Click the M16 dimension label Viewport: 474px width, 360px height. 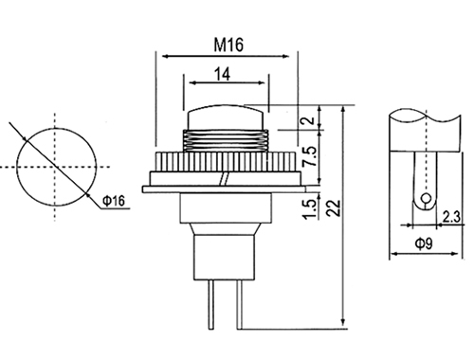(x=228, y=45)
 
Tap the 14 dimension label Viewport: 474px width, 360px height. (x=223, y=74)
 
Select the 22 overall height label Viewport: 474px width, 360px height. (x=334, y=208)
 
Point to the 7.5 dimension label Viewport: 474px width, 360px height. (x=309, y=156)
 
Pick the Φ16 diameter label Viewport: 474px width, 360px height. (x=114, y=201)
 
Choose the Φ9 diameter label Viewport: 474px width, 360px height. (x=424, y=243)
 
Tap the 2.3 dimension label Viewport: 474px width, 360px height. (x=451, y=217)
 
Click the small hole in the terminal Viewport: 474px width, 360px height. (x=426, y=198)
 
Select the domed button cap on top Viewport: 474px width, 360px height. (x=226, y=117)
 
